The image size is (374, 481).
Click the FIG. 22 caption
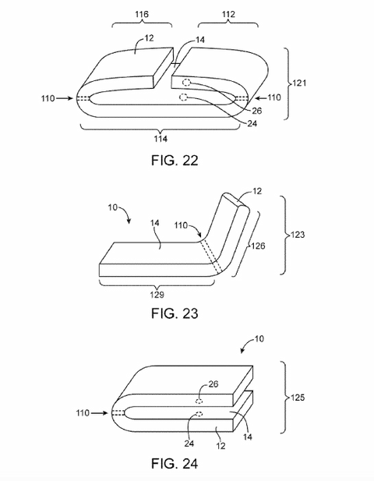coord(175,161)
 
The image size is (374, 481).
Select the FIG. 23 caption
coord(175,313)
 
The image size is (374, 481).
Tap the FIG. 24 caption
coord(175,464)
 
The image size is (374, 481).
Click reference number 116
coord(142,14)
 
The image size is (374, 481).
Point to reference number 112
coord(228,14)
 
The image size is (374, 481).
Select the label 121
coord(299,83)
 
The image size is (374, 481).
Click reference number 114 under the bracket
coord(161,139)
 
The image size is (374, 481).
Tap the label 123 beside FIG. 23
coord(298,235)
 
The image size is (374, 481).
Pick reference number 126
coord(258,246)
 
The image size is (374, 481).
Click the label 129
coord(157,295)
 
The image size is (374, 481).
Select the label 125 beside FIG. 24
coord(298,398)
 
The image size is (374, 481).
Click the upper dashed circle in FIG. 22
coord(186,82)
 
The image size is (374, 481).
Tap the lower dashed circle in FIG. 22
coord(183,97)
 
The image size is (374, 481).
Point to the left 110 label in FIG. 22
coord(48,98)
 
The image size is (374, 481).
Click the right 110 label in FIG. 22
coord(274,97)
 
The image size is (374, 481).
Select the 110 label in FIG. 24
coord(83,413)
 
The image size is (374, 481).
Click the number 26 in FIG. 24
coord(213,384)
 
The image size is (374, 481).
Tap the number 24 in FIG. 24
coord(189,444)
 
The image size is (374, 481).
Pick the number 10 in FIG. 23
coord(112,207)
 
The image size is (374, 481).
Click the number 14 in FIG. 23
coord(155,223)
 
